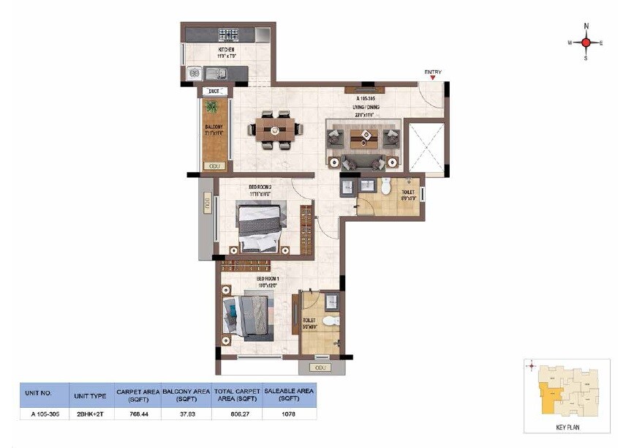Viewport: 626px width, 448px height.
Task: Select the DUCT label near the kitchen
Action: tap(214, 91)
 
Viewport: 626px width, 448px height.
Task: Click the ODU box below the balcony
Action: tap(214, 167)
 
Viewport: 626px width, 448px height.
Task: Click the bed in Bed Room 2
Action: tap(259, 226)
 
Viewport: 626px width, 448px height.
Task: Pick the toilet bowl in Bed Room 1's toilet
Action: tap(331, 321)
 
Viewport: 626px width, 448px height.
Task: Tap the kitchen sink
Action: tap(216, 72)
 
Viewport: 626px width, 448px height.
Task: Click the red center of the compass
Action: tap(586, 42)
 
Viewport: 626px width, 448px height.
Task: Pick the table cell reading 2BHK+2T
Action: tap(91, 414)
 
